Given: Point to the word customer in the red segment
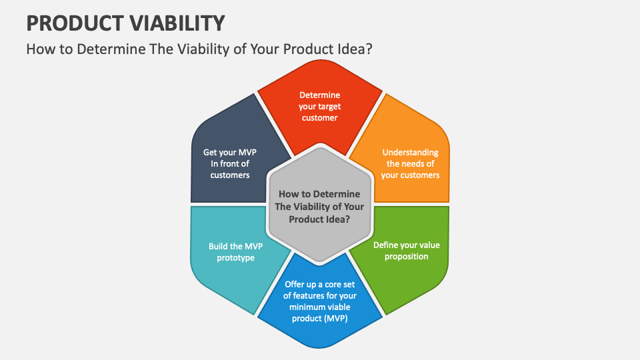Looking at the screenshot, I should point(319,118).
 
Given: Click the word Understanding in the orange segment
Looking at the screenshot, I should point(410,152).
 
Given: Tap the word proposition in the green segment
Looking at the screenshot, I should point(406,257).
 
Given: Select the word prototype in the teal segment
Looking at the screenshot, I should point(235,258).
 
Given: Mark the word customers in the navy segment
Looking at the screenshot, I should point(230,175).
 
